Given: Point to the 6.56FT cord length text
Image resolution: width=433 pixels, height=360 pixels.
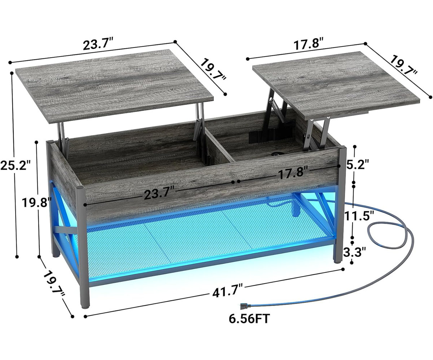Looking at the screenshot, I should coord(249,318).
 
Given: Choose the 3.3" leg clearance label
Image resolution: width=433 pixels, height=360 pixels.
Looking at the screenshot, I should coord(355,251).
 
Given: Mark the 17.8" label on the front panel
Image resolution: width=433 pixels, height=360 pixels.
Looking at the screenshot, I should coord(292,173).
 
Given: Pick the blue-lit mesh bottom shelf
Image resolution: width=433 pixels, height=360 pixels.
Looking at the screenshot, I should coord(195,241).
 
